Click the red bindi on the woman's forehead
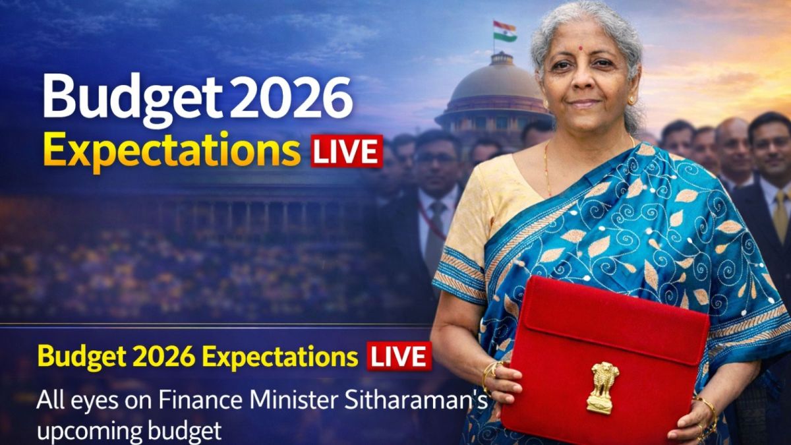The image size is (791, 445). [582, 48]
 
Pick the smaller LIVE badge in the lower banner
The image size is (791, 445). [399, 357]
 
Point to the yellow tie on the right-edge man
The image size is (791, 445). [780, 215]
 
